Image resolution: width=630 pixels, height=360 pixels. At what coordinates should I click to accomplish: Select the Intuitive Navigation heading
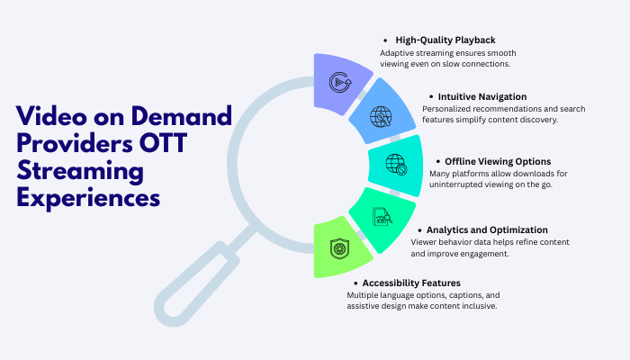click(482, 95)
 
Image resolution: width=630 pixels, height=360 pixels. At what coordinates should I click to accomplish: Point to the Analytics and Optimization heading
click(489, 230)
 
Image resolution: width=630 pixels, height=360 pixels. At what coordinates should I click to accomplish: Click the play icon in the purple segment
click(340, 82)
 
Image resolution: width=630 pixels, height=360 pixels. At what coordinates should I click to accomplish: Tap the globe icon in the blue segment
click(381, 116)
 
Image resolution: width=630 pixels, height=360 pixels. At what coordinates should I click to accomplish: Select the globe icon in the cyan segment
click(395, 164)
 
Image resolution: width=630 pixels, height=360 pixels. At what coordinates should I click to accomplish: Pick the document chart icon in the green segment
click(382, 216)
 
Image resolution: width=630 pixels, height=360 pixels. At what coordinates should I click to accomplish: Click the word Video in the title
click(51, 116)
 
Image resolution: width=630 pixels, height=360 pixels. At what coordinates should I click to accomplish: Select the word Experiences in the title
click(88, 196)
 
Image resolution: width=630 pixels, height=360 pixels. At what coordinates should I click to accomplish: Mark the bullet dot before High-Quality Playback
click(385, 41)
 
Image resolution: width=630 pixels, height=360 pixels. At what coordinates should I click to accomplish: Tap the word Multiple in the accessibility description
click(364, 295)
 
